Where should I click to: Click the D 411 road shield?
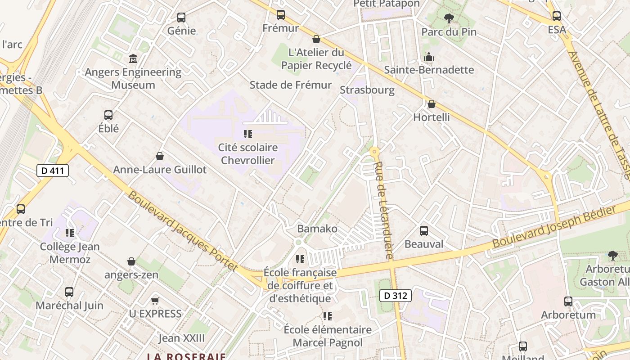tap(53, 171)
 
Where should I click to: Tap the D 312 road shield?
tap(396, 296)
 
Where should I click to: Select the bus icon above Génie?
tap(181, 18)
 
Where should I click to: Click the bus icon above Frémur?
tap(281, 15)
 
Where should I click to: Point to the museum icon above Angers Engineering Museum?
tap(133, 58)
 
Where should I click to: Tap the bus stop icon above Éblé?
tap(108, 115)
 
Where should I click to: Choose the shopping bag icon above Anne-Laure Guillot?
tap(159, 156)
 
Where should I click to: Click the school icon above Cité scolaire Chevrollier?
tap(247, 134)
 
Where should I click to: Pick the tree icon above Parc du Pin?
tap(449, 18)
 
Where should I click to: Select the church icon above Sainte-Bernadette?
tap(429, 57)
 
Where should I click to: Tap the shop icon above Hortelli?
tap(432, 104)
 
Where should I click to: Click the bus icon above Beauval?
tap(424, 231)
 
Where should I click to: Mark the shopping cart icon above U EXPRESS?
tap(155, 301)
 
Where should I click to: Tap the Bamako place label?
tap(317, 229)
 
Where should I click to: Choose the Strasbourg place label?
tap(367, 90)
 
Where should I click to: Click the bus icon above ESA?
tap(557, 16)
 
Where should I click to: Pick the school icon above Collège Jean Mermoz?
tap(70, 233)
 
